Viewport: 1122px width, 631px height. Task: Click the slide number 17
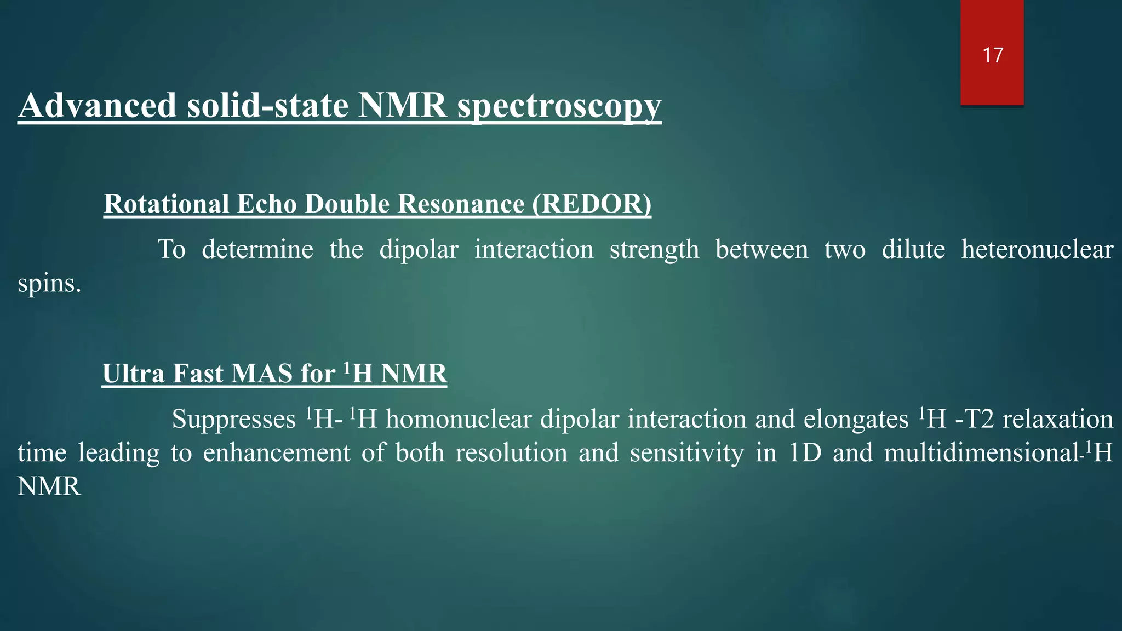993,55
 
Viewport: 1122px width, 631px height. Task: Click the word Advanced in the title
98,105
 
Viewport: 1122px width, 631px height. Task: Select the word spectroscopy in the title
559,106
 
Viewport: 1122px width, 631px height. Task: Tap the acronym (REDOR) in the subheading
592,204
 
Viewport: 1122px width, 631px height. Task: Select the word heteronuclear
1037,250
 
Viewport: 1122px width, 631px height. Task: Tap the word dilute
913,250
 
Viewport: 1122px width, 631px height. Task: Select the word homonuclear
459,420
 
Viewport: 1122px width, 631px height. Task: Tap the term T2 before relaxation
979,420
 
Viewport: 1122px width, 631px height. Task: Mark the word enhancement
277,454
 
